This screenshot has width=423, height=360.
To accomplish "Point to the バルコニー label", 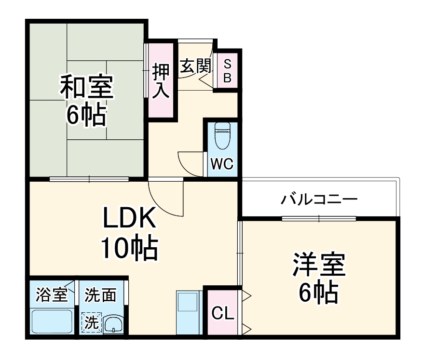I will pyautogui.click(x=319, y=198).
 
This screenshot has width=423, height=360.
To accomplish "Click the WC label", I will pyautogui.click(x=222, y=164).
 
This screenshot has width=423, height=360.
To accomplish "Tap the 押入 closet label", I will pyautogui.click(x=161, y=81).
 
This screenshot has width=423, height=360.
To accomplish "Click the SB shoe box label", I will pyautogui.click(x=227, y=70).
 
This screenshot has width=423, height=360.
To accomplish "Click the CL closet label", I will pyautogui.click(x=223, y=314).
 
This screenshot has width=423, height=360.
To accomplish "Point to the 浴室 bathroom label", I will pyautogui.click(x=52, y=295).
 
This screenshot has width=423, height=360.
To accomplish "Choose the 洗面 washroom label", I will pyautogui.click(x=100, y=295).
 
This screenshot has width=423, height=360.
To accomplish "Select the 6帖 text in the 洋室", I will pyautogui.click(x=317, y=292).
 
